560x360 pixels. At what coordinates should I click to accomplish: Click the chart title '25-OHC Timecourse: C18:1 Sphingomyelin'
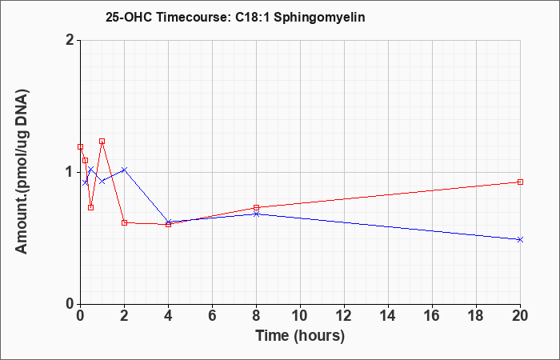tap(235, 17)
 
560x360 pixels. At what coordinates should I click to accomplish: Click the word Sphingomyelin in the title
tap(319, 18)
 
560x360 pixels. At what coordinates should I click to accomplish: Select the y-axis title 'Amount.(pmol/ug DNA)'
tap(22, 171)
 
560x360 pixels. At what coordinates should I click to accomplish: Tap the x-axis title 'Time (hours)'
tap(300, 336)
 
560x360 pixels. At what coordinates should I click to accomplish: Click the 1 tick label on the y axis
tap(70, 172)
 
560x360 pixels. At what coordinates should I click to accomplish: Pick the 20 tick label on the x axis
tap(520, 316)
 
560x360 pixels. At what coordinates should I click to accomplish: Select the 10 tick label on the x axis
tap(300, 316)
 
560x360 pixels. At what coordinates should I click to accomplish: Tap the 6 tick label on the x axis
tap(212, 316)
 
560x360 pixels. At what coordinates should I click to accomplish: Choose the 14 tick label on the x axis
tap(388, 316)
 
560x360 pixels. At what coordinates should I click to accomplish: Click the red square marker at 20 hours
tap(520, 182)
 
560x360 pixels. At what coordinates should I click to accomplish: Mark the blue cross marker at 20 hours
tap(520, 239)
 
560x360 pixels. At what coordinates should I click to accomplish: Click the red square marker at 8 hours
tap(256, 207)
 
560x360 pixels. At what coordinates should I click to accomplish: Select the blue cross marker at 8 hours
tap(256, 214)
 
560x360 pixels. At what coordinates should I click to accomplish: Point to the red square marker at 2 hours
tap(124, 222)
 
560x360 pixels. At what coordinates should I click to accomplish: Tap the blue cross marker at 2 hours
tap(124, 170)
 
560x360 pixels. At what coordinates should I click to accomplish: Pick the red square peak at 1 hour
tap(102, 141)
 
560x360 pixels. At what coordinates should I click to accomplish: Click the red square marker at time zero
tap(80, 146)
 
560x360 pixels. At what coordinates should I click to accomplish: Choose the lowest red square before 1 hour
tap(90, 207)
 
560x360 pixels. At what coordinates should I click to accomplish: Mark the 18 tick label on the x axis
tap(476, 316)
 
